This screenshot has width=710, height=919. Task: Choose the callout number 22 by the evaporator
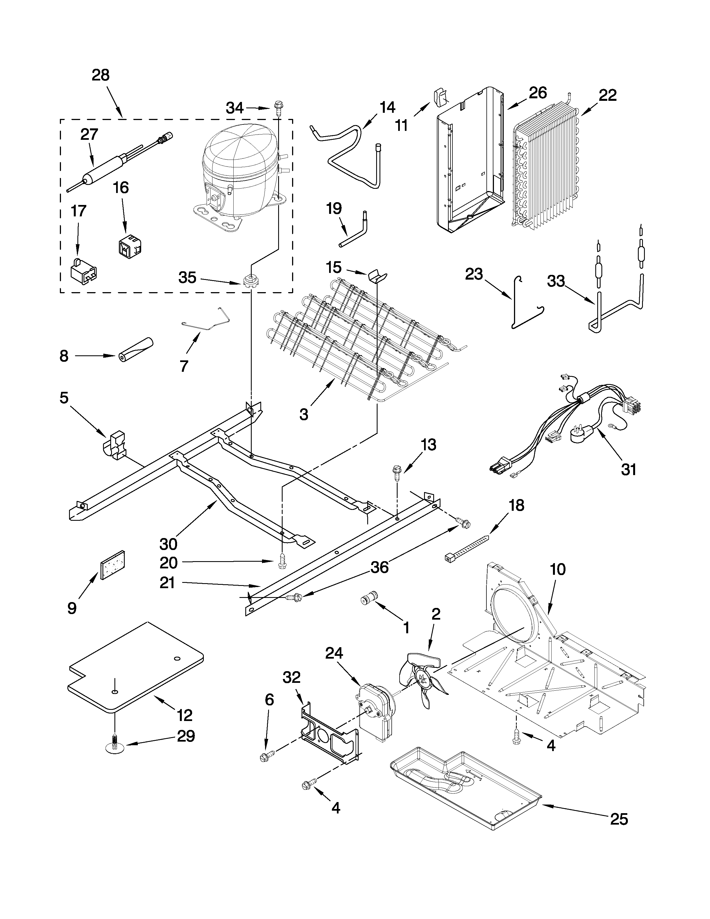[x=607, y=96]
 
